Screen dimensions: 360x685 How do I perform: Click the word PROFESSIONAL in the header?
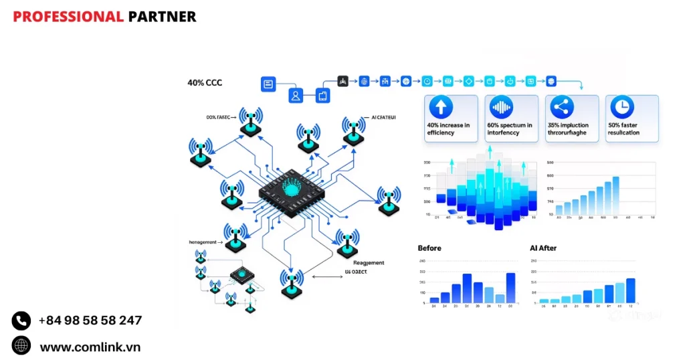[x=68, y=17]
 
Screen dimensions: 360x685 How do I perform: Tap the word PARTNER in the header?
[x=162, y=17]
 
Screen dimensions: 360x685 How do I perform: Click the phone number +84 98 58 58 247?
[x=90, y=321]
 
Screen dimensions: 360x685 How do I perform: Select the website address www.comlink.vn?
[x=90, y=347]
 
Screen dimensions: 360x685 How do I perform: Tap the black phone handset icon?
[x=21, y=321]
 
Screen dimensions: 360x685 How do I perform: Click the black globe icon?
[x=21, y=346]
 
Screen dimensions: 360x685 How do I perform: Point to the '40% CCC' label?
[x=205, y=84]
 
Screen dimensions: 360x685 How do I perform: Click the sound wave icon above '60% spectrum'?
[x=502, y=108]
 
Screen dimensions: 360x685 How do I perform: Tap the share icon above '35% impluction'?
[x=562, y=108]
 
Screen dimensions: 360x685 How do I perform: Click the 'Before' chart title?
[x=429, y=248]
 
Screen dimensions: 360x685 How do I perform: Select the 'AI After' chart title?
[x=543, y=248]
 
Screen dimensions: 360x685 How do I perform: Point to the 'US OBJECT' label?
[x=356, y=273]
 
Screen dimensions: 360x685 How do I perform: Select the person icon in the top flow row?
[x=296, y=96]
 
